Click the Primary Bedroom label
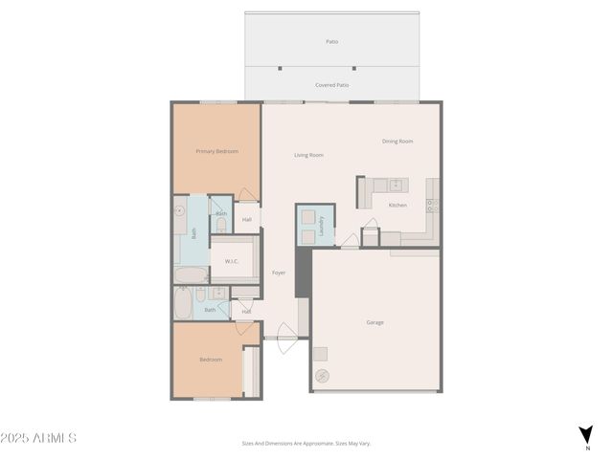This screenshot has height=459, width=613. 216,151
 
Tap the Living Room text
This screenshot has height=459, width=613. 308,155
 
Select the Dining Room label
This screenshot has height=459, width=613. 397,142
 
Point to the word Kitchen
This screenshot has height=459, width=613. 397,206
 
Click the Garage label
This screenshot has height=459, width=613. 375,322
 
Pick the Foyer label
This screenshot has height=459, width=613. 279,273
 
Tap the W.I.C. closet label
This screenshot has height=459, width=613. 232,261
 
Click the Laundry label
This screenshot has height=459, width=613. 322,226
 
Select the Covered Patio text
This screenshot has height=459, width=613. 331,85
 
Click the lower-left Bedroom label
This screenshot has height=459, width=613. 211,360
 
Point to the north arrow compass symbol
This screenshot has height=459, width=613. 585,436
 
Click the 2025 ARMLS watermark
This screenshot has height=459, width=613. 38,438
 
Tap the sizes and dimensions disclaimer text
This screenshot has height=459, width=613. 306,443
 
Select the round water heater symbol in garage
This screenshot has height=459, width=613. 322,375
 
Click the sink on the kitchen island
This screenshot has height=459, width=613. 395,185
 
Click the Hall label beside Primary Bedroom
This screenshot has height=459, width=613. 246,220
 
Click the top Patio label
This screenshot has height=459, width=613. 331,41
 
